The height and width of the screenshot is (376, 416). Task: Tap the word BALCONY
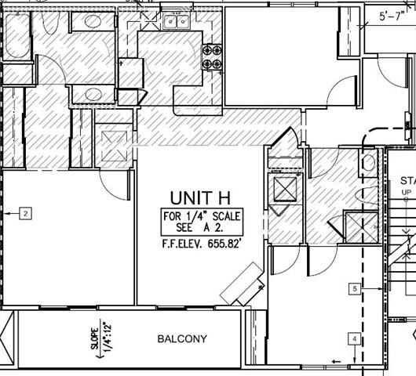[181, 339]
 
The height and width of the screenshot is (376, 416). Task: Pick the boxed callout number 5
[355, 289]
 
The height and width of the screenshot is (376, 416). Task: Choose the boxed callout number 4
[355, 338]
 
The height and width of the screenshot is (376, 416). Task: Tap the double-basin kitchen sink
[177, 21]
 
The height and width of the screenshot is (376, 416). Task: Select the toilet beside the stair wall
[369, 164]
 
